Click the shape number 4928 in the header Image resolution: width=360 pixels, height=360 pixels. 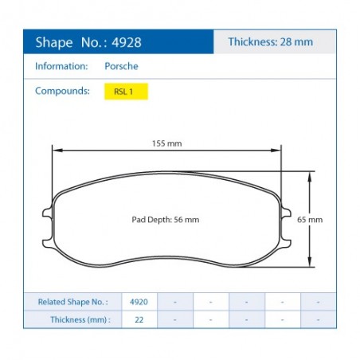(127, 42)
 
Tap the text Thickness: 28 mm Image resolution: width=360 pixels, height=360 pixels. (271, 41)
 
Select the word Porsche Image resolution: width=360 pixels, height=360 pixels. (121, 66)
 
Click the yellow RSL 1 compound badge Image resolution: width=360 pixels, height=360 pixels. (126, 92)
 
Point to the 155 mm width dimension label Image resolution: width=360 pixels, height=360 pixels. (166, 143)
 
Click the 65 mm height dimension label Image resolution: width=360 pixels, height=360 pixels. (310, 220)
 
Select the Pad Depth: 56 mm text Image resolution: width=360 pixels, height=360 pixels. (166, 220)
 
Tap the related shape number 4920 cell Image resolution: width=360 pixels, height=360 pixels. (139, 302)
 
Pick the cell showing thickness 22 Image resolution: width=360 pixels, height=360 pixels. (139, 319)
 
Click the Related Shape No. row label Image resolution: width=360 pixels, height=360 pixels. (72, 302)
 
